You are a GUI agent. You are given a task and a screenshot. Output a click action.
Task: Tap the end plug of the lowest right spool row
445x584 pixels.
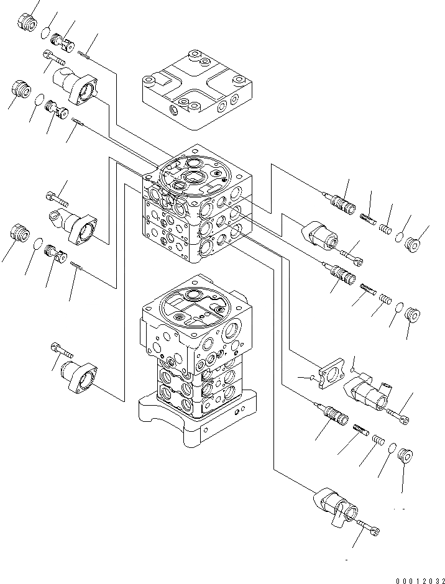click(x=405, y=455)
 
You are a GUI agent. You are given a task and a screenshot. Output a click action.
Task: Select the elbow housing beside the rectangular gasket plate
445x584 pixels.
click(x=372, y=393)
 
